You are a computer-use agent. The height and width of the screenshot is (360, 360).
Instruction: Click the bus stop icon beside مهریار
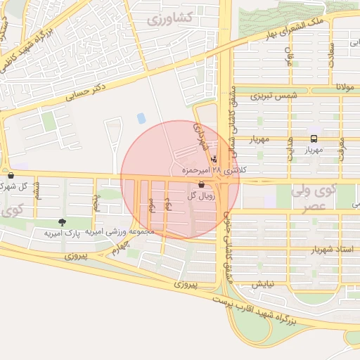tap(313, 139)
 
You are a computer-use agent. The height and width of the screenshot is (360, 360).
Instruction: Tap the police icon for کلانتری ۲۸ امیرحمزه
tap(214, 158)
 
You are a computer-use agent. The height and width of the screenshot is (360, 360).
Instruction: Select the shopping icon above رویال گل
tap(202, 184)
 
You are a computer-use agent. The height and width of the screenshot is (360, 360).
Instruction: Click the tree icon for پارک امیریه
tap(63, 222)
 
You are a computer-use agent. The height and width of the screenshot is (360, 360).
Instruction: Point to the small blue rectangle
tap(141, 118)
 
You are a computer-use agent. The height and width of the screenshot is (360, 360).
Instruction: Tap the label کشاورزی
tap(170, 19)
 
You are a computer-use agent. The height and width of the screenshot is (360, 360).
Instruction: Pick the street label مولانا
tap(345, 87)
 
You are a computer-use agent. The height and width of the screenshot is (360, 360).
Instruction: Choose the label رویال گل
tap(200, 195)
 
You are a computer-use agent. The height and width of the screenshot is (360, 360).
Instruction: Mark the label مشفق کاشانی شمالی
tap(228, 120)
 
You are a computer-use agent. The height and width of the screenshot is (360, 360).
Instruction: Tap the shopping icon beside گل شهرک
tap(9, 175)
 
